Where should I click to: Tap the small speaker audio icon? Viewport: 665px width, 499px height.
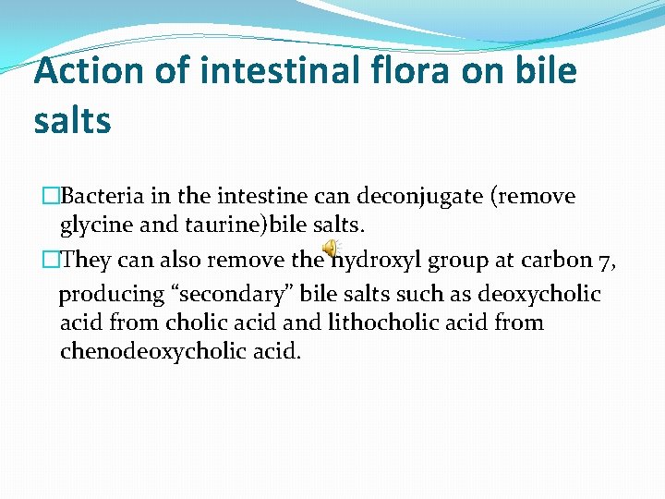pyautogui.click(x=329, y=249)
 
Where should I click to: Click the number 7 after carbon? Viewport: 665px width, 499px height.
pyautogui.click(x=607, y=261)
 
